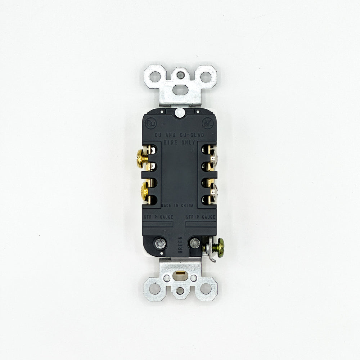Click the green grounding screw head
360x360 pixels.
click(x=220, y=247)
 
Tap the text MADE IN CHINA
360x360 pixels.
click(x=178, y=206)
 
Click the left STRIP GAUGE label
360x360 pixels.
click(x=158, y=217)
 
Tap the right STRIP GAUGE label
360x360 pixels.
click(x=201, y=217)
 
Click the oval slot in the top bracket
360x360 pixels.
click(x=180, y=89)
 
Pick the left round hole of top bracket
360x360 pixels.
click(x=155, y=77)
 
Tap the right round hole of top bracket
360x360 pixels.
click(x=206, y=77)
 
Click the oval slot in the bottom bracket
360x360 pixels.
click(x=180, y=277)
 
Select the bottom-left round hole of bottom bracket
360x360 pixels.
click(x=155, y=288)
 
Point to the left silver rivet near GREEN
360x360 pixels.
click(x=159, y=243)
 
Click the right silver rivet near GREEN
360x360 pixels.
click(x=195, y=243)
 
